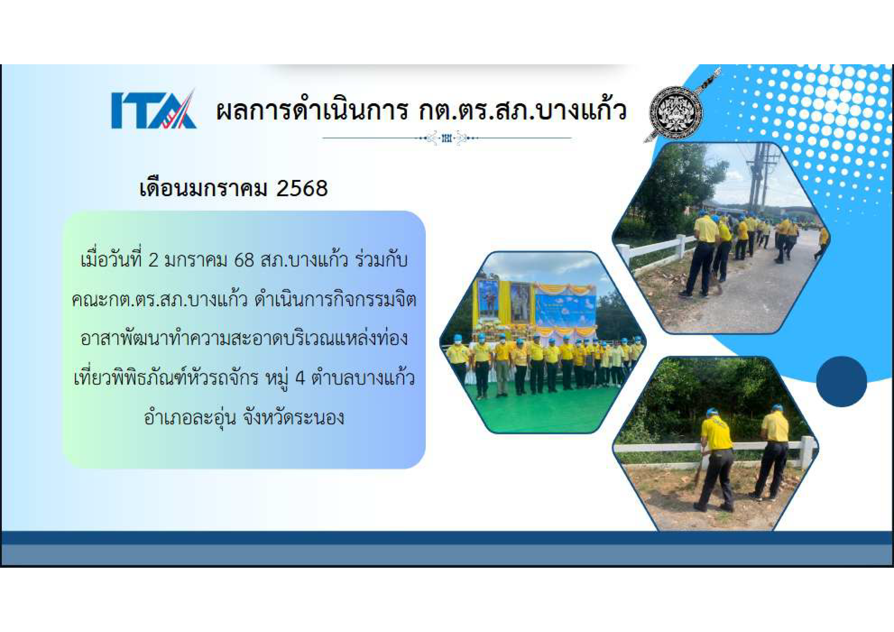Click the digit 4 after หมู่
[300, 378]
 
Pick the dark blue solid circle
[842, 382]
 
